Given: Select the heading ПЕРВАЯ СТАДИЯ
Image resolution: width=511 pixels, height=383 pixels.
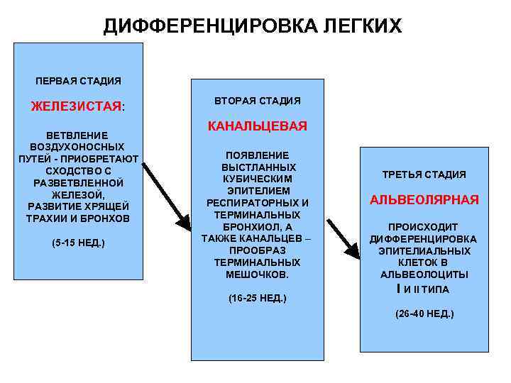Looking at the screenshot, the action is pyautogui.click(x=78, y=81).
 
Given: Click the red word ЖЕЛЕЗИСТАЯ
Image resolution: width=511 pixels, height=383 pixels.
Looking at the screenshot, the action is pyautogui.click(x=76, y=106).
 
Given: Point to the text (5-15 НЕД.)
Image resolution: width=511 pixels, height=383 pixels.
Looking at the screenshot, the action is pyautogui.click(x=78, y=243).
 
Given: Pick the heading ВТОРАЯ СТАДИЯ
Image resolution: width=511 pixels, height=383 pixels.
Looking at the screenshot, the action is pyautogui.click(x=258, y=101).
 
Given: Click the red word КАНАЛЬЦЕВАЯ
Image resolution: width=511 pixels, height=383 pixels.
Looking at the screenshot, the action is pyautogui.click(x=258, y=126).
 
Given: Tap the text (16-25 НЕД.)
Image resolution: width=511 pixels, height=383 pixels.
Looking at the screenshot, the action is pyautogui.click(x=258, y=298).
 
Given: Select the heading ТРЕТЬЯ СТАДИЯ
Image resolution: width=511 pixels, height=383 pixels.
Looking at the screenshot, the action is pyautogui.click(x=424, y=174).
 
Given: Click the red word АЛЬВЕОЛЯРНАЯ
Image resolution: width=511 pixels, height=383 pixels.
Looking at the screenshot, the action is pyautogui.click(x=424, y=199).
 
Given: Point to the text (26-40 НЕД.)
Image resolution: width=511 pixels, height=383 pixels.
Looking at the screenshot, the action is pyautogui.click(x=424, y=313).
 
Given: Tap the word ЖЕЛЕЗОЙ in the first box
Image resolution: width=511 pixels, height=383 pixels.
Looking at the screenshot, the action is pyautogui.click(x=78, y=194).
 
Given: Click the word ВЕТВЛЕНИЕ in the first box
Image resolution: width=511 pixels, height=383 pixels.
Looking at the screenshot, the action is pyautogui.click(x=78, y=135).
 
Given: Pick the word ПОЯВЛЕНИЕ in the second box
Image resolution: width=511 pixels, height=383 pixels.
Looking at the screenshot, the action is pyautogui.click(x=258, y=155).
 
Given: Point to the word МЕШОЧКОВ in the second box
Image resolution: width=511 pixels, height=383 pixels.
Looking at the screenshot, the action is pyautogui.click(x=258, y=274).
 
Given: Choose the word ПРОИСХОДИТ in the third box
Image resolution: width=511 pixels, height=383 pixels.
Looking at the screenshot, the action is pyautogui.click(x=424, y=227).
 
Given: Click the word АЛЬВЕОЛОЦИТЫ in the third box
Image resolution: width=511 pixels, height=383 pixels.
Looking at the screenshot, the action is pyautogui.click(x=424, y=274).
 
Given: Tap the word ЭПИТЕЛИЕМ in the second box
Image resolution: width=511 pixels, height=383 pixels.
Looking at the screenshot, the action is pyautogui.click(x=258, y=191).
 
